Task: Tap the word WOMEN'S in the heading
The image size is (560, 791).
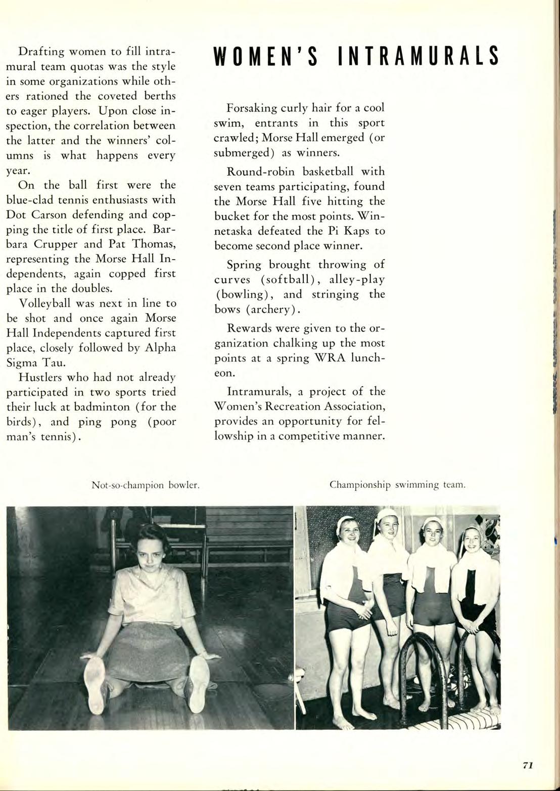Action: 265,56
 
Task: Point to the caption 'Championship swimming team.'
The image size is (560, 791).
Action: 397,485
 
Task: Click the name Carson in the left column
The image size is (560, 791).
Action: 51,214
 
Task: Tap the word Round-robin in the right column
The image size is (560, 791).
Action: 256,171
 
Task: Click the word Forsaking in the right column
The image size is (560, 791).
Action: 252,108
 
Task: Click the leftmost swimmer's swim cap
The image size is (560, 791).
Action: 348,523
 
